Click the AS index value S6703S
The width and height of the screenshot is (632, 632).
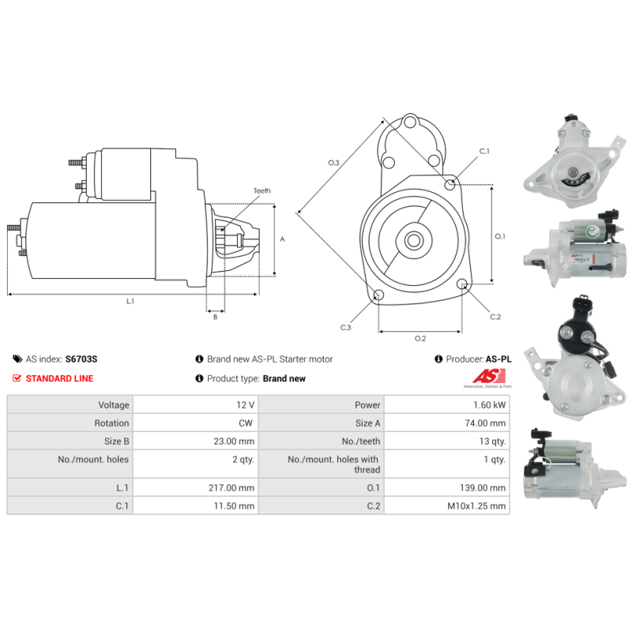pos(81,359)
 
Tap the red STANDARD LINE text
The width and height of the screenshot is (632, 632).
pos(60,378)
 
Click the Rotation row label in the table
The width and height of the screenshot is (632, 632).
pos(111,423)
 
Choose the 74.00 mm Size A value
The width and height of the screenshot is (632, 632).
pos(485,423)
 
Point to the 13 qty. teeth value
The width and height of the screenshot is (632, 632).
pos(492,441)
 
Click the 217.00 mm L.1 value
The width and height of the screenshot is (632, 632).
pos(231,487)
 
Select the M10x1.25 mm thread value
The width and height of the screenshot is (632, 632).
pos(476,506)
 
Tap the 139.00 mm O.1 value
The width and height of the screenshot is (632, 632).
pos(483,487)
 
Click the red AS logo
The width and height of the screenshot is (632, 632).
pos(488,377)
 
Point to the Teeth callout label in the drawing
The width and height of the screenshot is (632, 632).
pos(262,190)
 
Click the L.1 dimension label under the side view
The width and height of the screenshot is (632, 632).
pos(130,301)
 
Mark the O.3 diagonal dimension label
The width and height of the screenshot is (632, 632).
pos(333,163)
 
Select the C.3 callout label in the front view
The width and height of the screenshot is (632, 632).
pos(345,327)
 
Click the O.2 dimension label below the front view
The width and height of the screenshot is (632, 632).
pos(420,338)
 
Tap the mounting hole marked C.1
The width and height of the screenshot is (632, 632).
pos(450,185)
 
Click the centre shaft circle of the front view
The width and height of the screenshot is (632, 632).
pos(413,241)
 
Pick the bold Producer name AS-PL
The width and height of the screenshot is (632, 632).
pos(498,359)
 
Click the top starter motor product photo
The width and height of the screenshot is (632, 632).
pos(575,161)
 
